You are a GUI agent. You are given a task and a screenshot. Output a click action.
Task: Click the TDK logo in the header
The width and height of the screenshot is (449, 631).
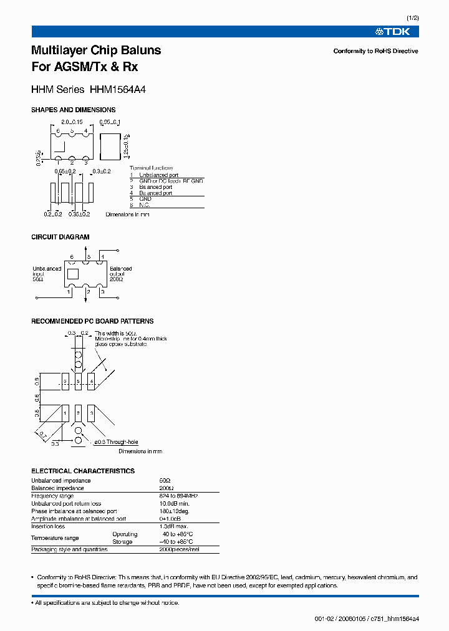[x=397, y=32]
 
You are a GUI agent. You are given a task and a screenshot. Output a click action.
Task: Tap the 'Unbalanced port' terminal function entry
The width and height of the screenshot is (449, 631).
[x=159, y=175]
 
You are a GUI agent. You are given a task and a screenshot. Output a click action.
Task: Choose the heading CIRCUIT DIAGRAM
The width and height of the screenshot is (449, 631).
[x=60, y=237]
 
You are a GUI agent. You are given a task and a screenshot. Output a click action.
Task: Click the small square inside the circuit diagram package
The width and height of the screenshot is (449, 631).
[x=73, y=273]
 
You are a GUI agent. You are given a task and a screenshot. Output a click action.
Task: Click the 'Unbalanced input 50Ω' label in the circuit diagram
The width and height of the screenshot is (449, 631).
[x=46, y=274]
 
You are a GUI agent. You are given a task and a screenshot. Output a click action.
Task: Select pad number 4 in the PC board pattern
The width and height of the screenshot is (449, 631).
[x=92, y=380]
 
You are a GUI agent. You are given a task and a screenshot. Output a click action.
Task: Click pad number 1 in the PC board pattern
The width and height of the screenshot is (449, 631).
[x=65, y=413]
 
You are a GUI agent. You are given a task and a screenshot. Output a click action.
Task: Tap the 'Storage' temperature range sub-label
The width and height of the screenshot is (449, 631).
[x=122, y=542]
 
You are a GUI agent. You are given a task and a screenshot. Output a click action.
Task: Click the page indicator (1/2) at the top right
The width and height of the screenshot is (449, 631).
[x=412, y=18]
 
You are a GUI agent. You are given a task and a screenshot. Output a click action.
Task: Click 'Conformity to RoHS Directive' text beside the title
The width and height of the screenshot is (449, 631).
[x=375, y=51]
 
